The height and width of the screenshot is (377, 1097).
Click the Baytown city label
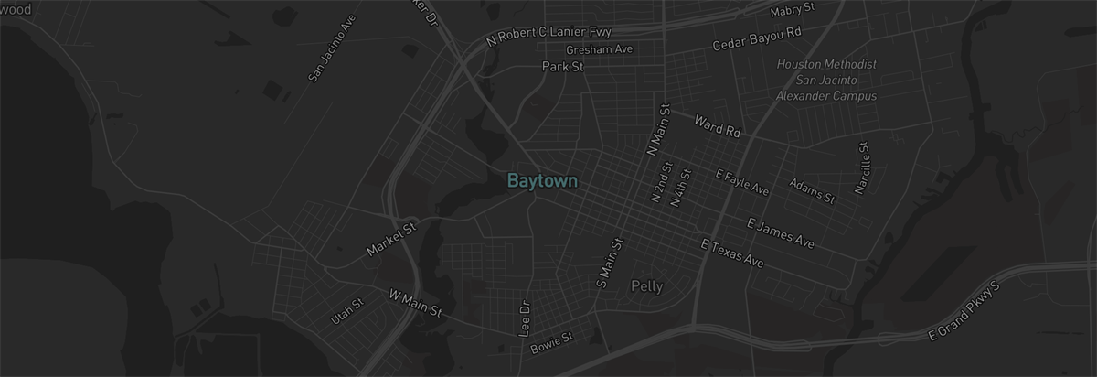542,181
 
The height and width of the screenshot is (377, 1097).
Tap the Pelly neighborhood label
647,286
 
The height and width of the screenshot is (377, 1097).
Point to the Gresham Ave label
600,48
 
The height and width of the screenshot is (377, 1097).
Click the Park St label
562,67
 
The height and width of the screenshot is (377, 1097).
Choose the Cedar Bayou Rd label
757,38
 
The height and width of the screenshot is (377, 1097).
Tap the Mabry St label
792,10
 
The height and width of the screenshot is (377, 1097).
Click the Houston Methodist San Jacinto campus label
826,80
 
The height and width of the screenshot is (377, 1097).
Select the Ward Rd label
717,125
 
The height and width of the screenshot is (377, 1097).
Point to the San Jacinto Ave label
326,50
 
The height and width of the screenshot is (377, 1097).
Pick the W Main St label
415,303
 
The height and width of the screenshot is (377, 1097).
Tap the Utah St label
347,312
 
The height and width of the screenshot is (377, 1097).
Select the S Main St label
609,263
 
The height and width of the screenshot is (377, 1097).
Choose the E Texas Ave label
731,253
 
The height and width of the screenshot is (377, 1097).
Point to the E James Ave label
780,233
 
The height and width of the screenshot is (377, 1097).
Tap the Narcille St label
860,167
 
